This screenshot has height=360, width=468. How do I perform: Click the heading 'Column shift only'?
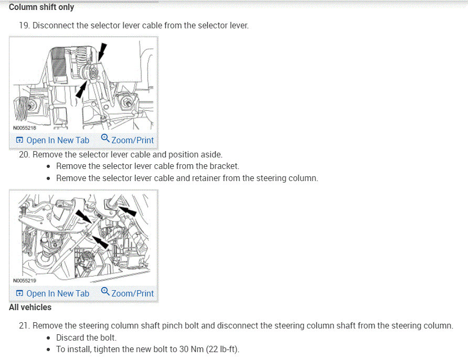[x=41, y=7]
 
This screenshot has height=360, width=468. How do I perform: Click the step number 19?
[x=24, y=25]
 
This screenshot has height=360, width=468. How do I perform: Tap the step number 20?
[x=24, y=154]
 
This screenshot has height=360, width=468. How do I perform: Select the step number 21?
[x=24, y=325]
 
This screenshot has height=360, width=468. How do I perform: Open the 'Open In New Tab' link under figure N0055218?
[x=52, y=140]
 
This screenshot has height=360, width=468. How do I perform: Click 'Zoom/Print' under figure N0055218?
[x=127, y=140]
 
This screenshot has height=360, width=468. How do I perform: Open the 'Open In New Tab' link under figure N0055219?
[x=52, y=293]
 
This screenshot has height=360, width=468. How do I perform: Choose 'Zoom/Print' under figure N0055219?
[x=127, y=293]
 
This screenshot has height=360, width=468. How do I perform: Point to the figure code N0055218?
[x=24, y=128]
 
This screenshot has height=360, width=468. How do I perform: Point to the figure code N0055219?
[x=24, y=281]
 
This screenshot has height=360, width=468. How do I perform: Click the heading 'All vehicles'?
[x=30, y=308]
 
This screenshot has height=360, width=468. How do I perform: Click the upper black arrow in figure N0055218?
[x=103, y=53]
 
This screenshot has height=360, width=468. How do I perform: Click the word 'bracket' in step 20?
[x=225, y=166]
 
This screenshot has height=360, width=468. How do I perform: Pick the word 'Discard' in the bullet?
[x=70, y=337]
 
